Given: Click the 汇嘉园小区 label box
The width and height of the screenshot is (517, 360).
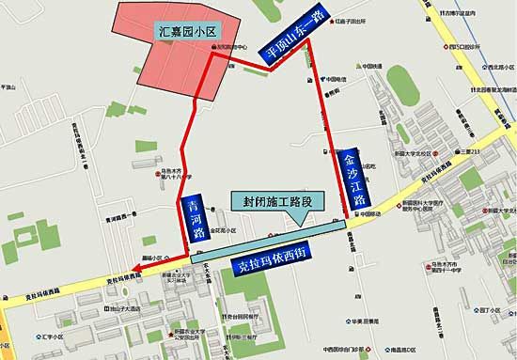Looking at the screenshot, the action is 186,31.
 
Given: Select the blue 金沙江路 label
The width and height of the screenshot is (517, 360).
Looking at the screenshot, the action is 355,176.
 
